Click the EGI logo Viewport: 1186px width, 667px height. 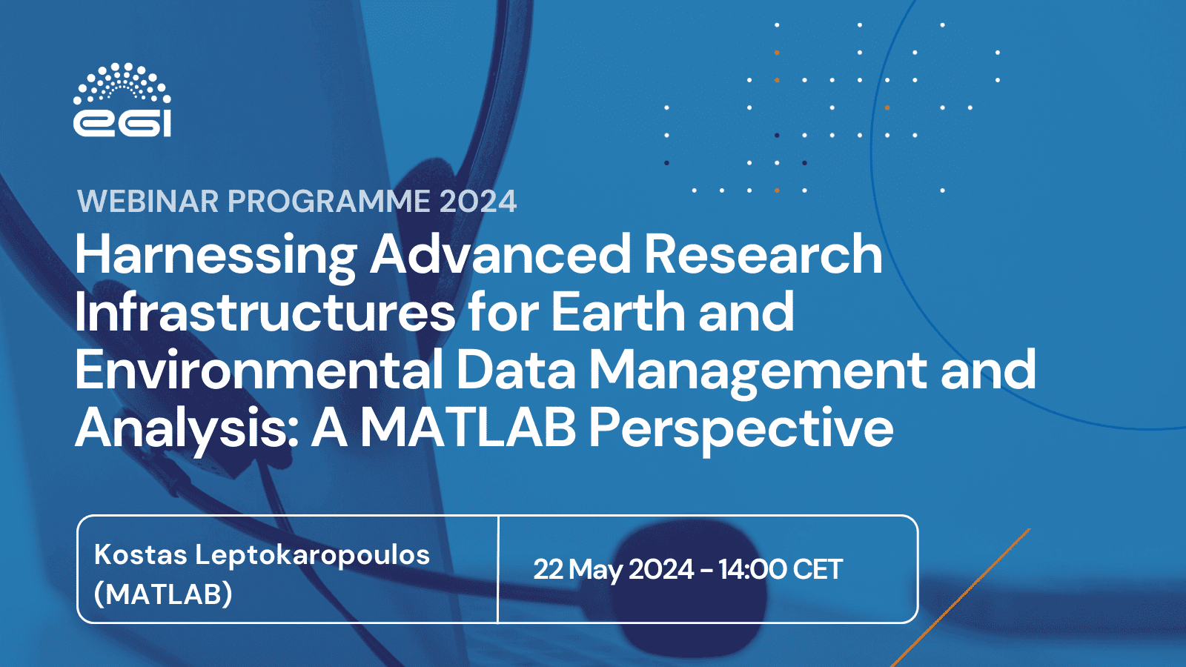pyautogui.click(x=122, y=100)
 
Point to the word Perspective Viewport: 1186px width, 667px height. pyautogui.click(x=741, y=430)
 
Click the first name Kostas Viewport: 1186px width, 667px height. pyautogui.click(x=140, y=554)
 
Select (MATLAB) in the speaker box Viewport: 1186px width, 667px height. pyautogui.click(x=163, y=594)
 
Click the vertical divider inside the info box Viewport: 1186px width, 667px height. pyautogui.click(x=498, y=569)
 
